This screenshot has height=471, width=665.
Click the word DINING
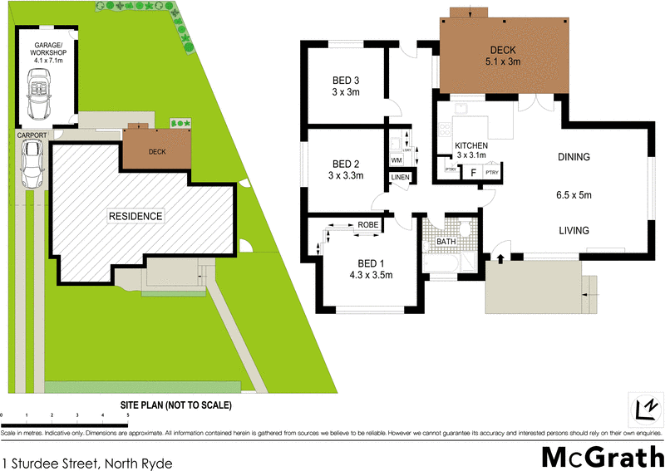[x=574, y=156]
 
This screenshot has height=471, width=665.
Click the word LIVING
[x=574, y=231]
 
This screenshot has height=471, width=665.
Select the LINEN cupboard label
[x=399, y=178]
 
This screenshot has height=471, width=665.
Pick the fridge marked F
[x=472, y=173]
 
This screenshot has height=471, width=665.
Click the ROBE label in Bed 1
[x=368, y=224]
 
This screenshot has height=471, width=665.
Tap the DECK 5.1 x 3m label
[x=503, y=55]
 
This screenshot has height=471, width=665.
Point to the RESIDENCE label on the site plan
[x=135, y=216]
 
